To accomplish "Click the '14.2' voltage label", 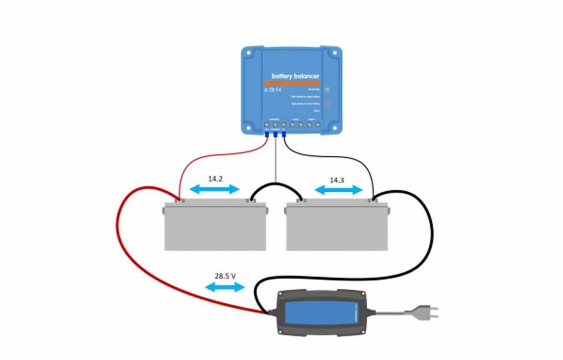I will point(215,179).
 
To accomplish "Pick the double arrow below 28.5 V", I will point(224,287).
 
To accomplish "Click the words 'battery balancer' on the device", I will point(295,76).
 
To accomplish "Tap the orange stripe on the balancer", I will point(295,83).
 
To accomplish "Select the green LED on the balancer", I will point(327,88).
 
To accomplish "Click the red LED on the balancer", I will point(327,103).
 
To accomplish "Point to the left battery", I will point(215,226).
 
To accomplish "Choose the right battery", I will point(336,226).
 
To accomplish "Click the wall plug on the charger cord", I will point(427,313).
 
